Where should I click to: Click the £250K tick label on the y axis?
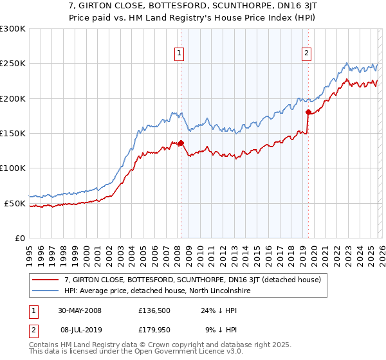12,64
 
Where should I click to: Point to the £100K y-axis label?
12,168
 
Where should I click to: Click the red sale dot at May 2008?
181,143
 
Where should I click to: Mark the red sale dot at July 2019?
308,113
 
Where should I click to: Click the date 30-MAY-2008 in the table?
79,310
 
